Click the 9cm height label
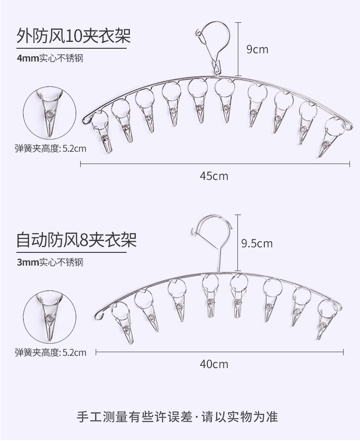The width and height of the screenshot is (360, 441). (x=257, y=49)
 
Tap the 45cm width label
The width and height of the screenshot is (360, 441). (x=214, y=176)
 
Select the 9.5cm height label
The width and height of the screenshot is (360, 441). (x=257, y=243)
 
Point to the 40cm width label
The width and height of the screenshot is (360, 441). (x=214, y=364)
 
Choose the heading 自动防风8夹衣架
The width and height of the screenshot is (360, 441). (x=76, y=239)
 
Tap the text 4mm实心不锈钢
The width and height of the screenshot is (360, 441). (x=50, y=58)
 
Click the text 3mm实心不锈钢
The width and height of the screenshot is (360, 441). (x=50, y=262)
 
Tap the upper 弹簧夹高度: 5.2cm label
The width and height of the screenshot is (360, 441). (x=50, y=148)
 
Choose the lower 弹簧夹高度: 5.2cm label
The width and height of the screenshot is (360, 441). (x=50, y=352)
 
